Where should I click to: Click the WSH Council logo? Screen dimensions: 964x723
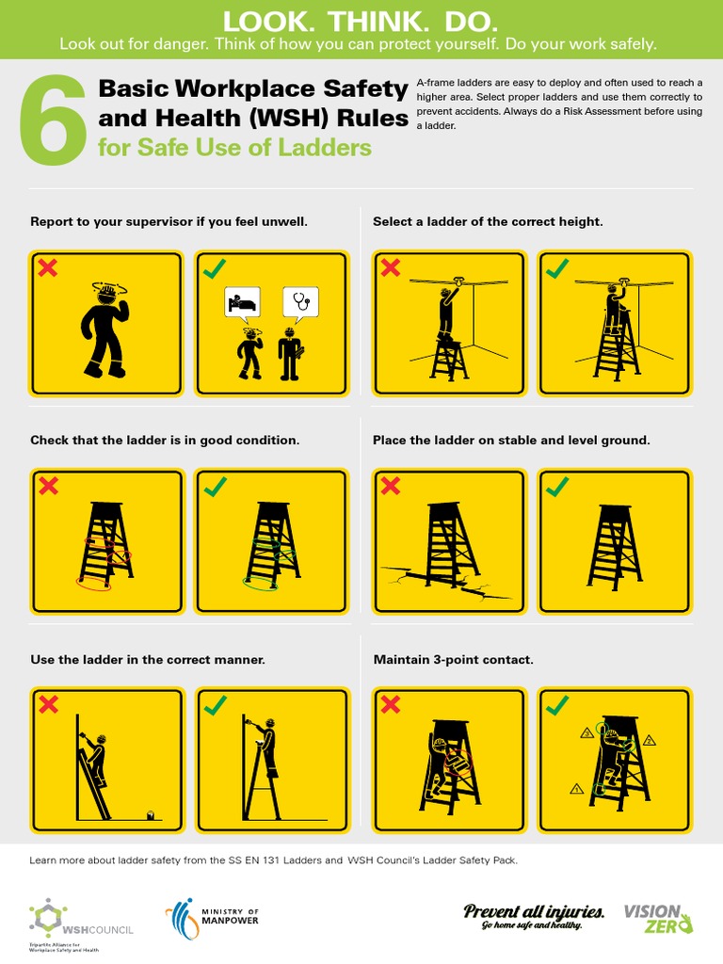[81, 920]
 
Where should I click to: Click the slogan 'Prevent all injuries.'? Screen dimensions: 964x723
[534, 911]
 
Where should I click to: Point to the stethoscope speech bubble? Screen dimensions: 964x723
[301, 303]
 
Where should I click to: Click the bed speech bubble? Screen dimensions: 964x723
[241, 303]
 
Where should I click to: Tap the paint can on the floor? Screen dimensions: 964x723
[150, 814]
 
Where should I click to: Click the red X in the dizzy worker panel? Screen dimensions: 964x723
[47, 268]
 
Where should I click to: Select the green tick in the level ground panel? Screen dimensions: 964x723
[557, 486]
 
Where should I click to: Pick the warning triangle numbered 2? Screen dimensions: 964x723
[649, 741]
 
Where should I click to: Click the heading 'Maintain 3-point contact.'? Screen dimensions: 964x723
[453, 660]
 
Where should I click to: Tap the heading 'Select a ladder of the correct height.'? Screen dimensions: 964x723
[488, 222]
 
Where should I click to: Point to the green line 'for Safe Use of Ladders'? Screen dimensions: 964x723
[234, 148]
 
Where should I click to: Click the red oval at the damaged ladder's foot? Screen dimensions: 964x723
[93, 585]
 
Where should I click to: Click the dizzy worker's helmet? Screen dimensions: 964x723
[105, 293]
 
